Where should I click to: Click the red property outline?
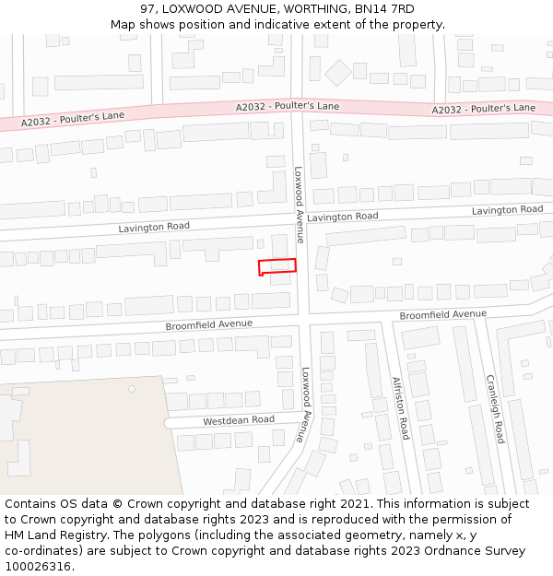(x=276, y=266)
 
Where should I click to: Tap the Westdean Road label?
(x=239, y=420)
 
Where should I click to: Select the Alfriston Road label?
(x=399, y=407)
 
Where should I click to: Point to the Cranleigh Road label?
(x=495, y=407)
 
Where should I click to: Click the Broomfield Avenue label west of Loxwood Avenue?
(x=208, y=325)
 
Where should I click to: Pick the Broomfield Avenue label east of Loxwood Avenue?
(x=442, y=314)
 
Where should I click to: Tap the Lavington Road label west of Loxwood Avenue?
(x=154, y=227)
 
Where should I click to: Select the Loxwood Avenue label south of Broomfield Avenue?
(x=307, y=406)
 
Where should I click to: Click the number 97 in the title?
(x=148, y=9)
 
